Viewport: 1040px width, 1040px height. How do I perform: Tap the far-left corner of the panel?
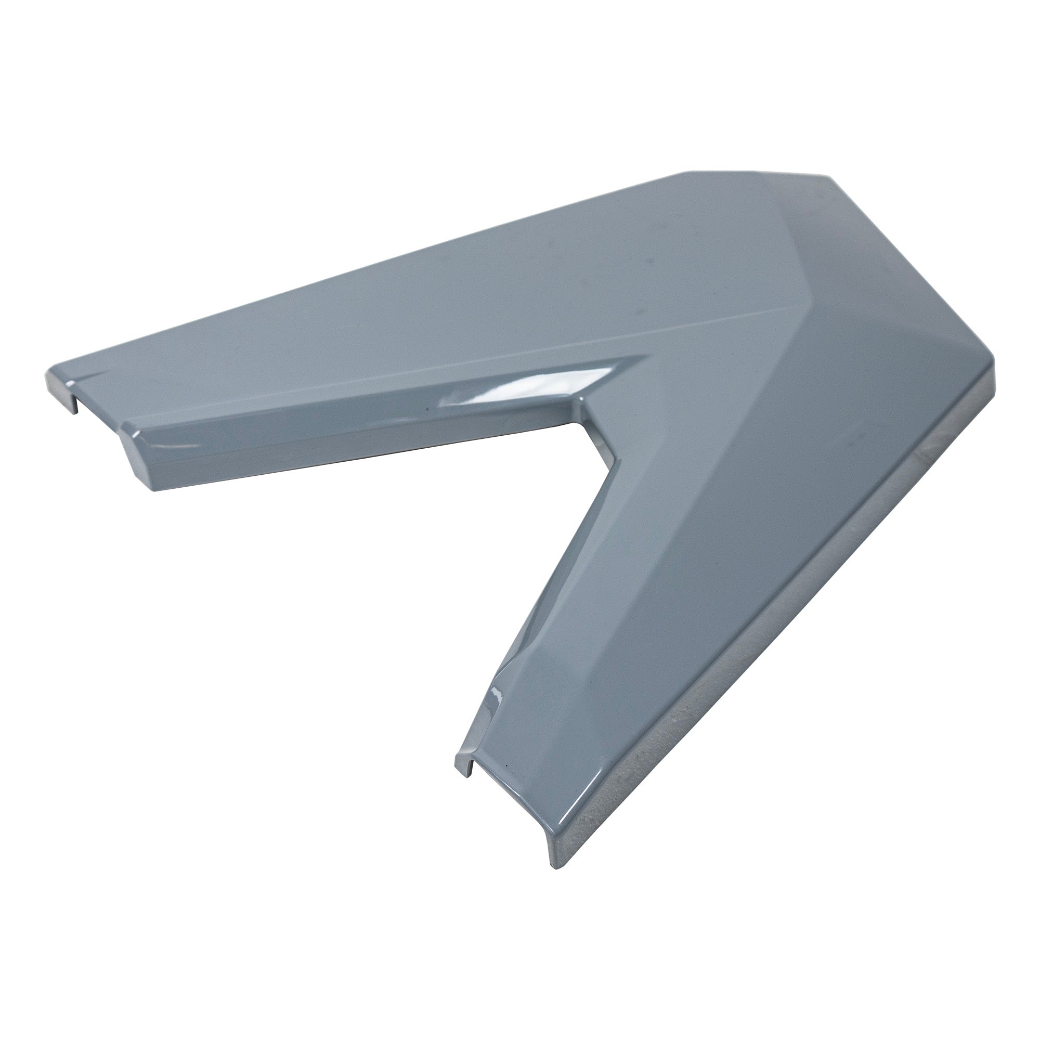click(x=47, y=377)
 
